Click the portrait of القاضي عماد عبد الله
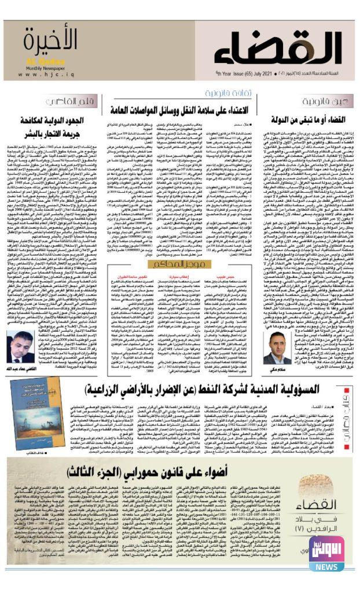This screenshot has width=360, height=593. coord(23,347)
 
